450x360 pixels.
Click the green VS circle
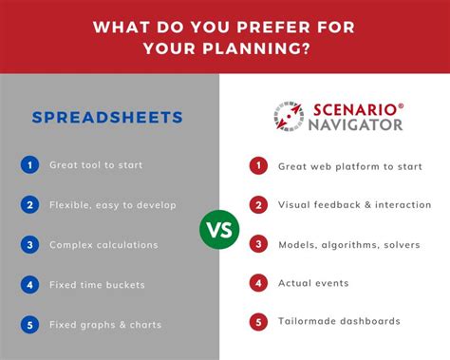pos(219,229)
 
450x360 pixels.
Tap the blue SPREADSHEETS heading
pos(106,118)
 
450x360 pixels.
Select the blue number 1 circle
pos(30,165)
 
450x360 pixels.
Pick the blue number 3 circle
pos(30,244)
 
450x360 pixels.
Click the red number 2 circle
pos(256,204)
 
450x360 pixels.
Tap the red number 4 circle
pos(256,282)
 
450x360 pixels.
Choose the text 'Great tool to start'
pos(97,165)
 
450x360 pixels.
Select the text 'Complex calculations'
pos(103,244)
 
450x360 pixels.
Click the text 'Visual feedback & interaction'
pos(354,204)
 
